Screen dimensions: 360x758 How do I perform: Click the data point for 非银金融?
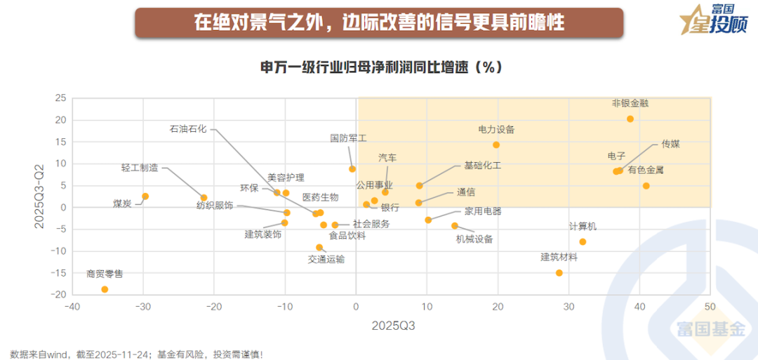[630, 119]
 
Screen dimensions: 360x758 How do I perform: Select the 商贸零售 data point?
[105, 289]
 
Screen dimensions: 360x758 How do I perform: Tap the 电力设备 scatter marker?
[496, 145]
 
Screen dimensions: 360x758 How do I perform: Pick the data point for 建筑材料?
[559, 273]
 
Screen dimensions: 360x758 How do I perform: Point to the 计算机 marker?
[583, 242]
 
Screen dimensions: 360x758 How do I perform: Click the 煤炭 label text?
[122, 204]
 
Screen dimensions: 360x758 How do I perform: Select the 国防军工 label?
[348, 138]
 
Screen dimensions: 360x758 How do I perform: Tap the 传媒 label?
[670, 144]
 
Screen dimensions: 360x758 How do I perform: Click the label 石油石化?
[188, 129]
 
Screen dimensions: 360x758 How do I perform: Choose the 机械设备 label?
[474, 239]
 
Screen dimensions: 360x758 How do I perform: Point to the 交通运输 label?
[326, 258]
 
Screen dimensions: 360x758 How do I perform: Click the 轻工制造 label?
[140, 168]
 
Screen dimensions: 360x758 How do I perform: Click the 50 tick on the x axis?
[710, 307]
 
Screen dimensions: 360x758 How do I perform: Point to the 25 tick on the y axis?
[60, 98]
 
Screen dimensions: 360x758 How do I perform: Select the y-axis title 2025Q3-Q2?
[41, 196]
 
